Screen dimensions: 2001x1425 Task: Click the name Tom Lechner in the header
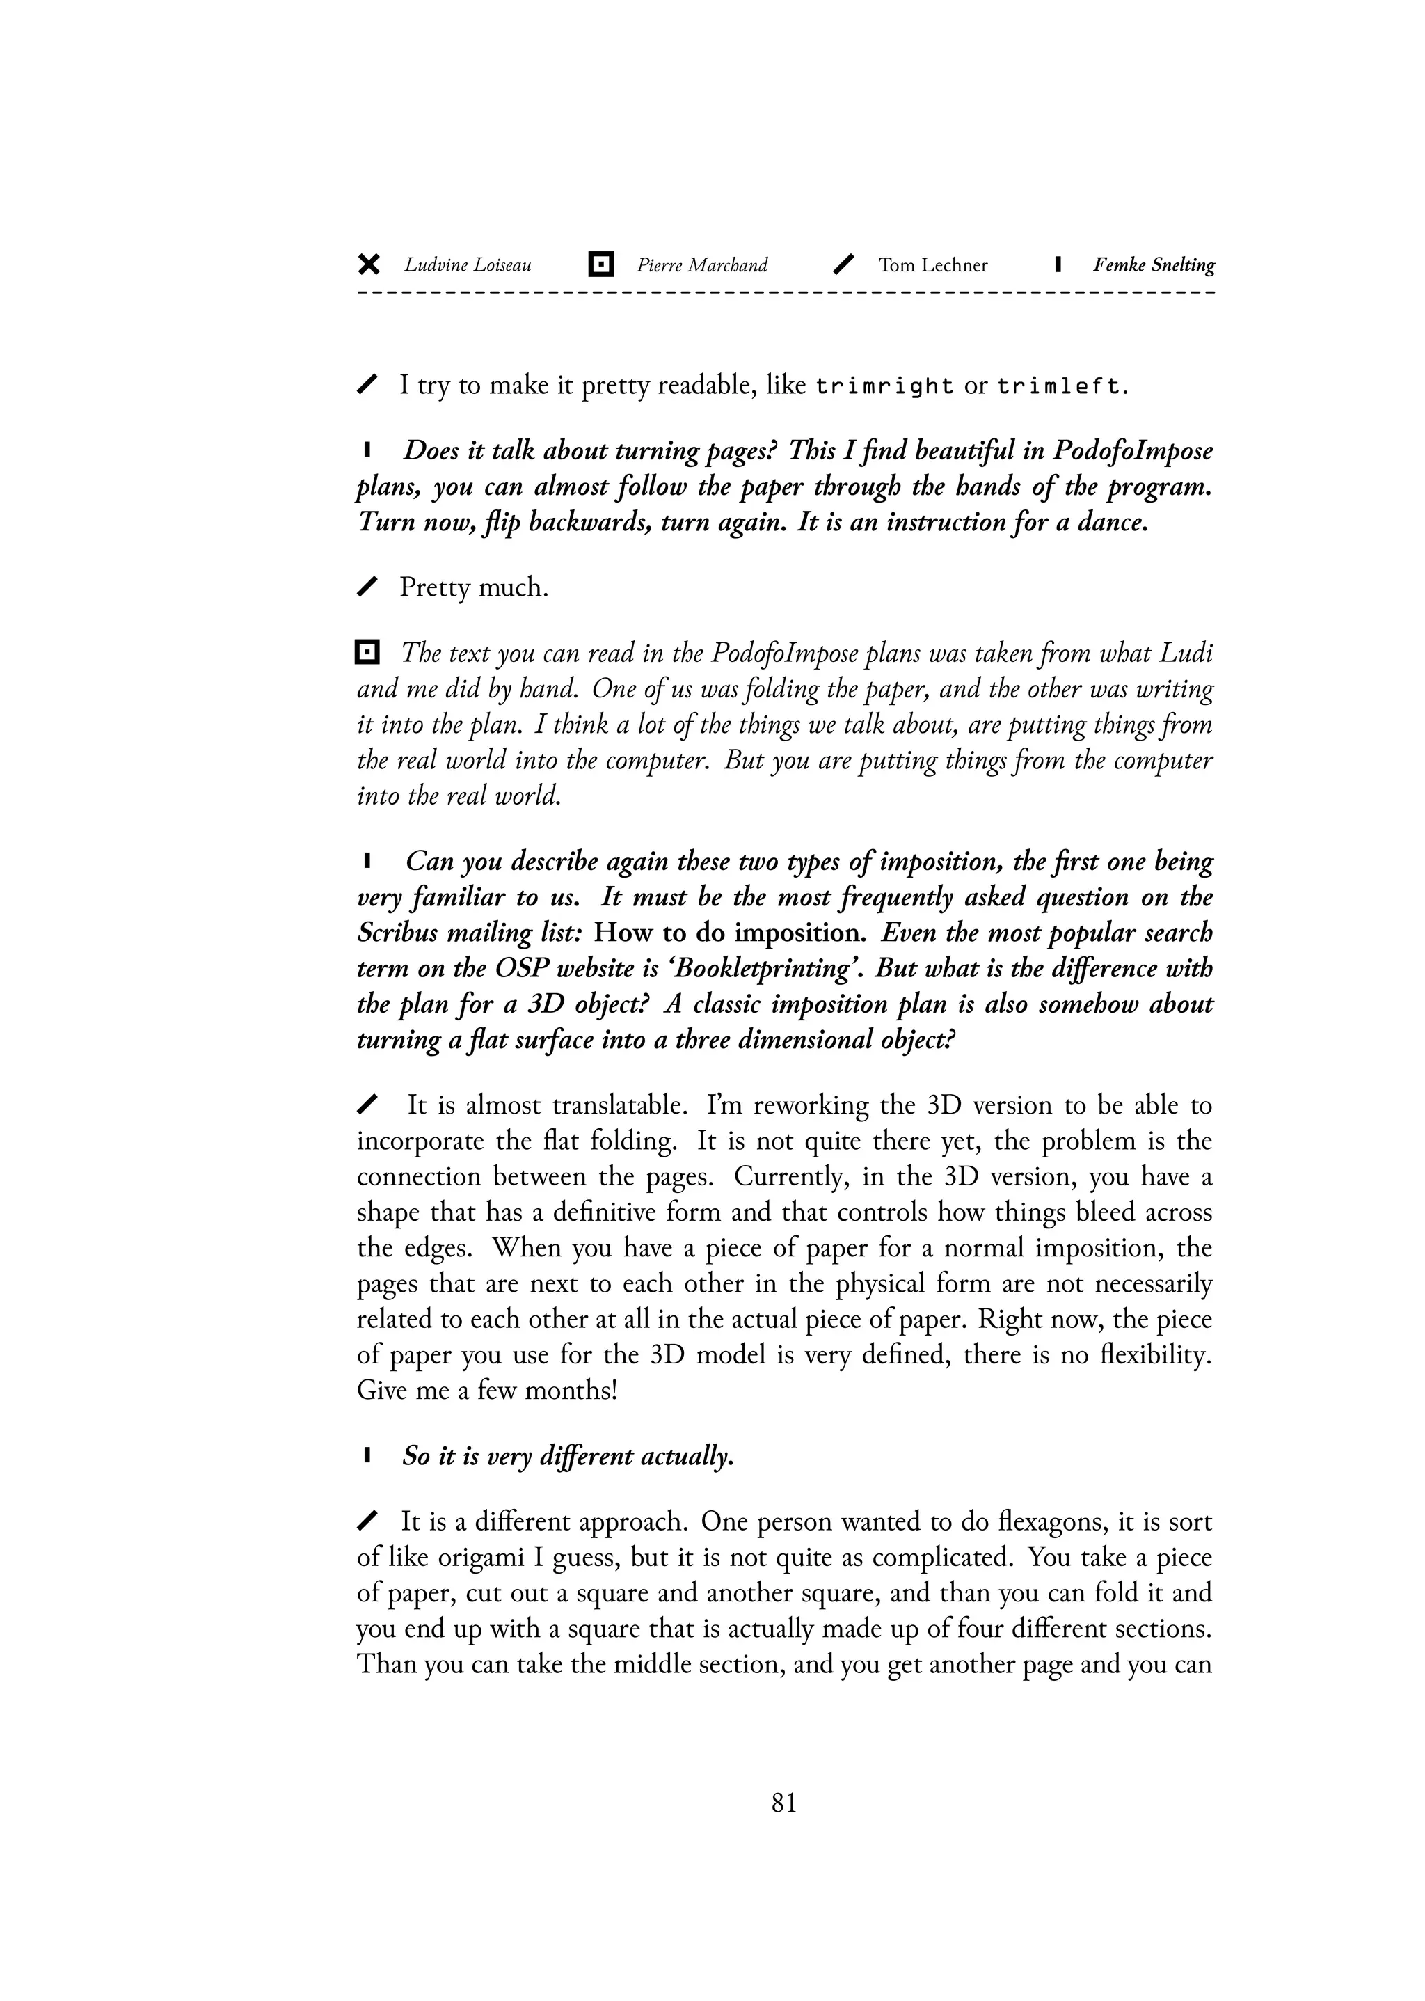click(933, 265)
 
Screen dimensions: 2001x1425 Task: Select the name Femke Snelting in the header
click(1153, 265)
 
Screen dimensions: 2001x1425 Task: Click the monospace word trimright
click(884, 386)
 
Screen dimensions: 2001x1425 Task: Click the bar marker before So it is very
click(367, 1457)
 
